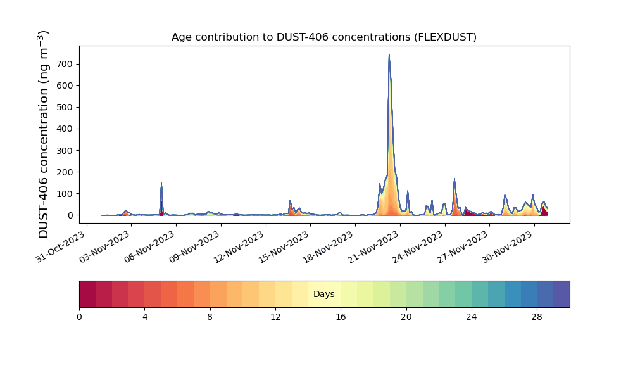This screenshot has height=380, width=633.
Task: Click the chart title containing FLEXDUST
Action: coord(323,37)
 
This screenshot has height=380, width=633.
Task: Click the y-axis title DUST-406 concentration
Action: coord(43,134)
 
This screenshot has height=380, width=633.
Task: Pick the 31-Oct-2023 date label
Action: coord(60,247)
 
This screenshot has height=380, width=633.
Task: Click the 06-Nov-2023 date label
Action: coord(150,247)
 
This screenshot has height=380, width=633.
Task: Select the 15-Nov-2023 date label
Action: coord(284,247)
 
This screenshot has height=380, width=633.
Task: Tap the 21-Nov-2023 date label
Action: coord(374,247)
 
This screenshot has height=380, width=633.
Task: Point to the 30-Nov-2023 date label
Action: coord(508,247)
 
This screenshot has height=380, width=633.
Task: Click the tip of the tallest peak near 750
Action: coord(389,54)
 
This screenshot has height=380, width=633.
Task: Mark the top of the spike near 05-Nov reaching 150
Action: coord(161,183)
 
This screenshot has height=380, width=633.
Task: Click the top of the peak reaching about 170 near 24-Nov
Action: coord(454,179)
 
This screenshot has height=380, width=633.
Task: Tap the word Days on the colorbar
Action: coord(323,294)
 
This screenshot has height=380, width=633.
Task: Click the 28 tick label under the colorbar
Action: coord(537,317)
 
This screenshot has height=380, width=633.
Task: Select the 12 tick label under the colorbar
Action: coord(275,317)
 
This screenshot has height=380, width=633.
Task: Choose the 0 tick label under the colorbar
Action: coord(79,317)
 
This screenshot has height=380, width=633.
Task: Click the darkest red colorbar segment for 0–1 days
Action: coord(87,294)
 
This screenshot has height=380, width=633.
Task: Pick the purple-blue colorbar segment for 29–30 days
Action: coord(561,294)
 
